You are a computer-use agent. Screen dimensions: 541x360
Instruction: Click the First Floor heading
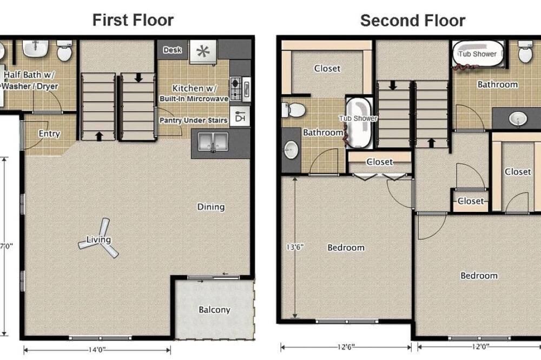(x=133, y=20)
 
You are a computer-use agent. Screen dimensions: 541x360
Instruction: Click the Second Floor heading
(x=413, y=21)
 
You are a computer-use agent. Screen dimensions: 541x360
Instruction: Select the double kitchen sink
(x=213, y=142)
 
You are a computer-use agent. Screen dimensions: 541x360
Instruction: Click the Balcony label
(x=214, y=310)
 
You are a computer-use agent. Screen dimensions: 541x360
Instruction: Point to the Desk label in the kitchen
(x=172, y=50)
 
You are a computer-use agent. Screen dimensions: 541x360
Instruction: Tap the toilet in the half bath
(x=64, y=51)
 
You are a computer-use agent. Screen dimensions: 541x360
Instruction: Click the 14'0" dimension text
(x=97, y=350)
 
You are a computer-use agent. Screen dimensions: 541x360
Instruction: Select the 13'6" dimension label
(x=295, y=247)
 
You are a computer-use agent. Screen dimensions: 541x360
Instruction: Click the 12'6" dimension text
(x=346, y=347)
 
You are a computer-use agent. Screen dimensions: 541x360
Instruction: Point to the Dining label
(x=211, y=207)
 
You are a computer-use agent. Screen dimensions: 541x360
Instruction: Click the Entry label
(x=49, y=134)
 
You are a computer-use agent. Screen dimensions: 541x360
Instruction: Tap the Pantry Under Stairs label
(x=193, y=121)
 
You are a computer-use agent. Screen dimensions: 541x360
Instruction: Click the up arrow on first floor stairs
(x=99, y=136)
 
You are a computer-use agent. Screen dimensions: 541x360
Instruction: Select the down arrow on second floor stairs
(x=393, y=85)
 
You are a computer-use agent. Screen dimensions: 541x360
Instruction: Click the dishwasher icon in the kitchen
(x=240, y=117)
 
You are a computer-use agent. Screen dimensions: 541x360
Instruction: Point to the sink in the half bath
(x=35, y=49)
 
